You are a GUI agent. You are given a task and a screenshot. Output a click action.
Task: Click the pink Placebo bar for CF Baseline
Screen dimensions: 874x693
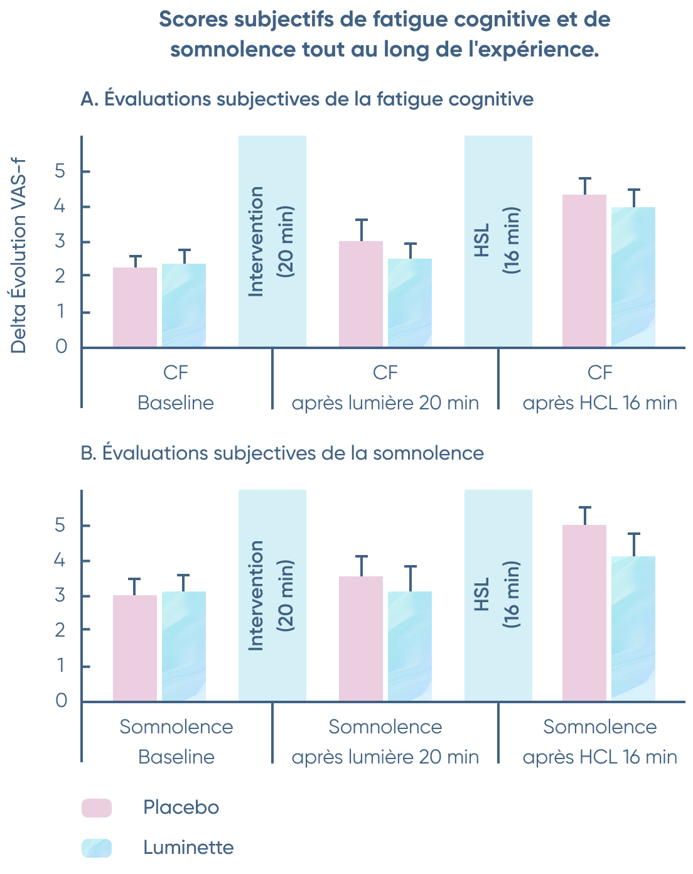pyautogui.click(x=135, y=307)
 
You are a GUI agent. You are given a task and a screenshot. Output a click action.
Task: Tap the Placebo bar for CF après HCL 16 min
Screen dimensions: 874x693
pyautogui.click(x=584, y=271)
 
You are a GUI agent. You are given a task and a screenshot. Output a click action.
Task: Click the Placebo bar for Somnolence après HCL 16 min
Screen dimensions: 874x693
pyautogui.click(x=584, y=612)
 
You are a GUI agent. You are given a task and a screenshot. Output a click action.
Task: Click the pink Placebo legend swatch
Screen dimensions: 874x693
pyautogui.click(x=97, y=807)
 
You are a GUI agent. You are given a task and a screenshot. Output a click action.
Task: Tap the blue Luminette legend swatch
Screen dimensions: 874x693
pyautogui.click(x=97, y=848)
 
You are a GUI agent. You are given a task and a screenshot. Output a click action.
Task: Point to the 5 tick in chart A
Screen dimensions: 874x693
pyautogui.click(x=60, y=171)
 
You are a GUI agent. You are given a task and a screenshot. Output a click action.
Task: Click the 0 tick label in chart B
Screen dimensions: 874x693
pyautogui.click(x=61, y=700)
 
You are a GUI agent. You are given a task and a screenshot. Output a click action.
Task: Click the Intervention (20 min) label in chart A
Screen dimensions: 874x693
pyautogui.click(x=271, y=241)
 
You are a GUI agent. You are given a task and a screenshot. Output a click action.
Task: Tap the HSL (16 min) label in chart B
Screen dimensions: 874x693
pyautogui.click(x=497, y=595)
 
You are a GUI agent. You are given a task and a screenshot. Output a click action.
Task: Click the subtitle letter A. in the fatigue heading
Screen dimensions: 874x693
pyautogui.click(x=89, y=99)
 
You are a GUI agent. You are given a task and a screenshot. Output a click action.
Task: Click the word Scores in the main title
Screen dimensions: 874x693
pyautogui.click(x=193, y=19)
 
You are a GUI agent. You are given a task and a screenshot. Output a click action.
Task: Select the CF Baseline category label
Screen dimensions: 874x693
pyautogui.click(x=176, y=387)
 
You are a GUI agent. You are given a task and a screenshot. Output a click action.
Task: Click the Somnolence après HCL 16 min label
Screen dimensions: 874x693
pyautogui.click(x=599, y=742)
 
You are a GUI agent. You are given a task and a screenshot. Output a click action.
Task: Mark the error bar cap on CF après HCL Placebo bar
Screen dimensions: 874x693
pyautogui.click(x=585, y=179)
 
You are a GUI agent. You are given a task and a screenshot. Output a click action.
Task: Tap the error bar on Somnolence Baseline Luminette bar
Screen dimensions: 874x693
pyautogui.click(x=183, y=582)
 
